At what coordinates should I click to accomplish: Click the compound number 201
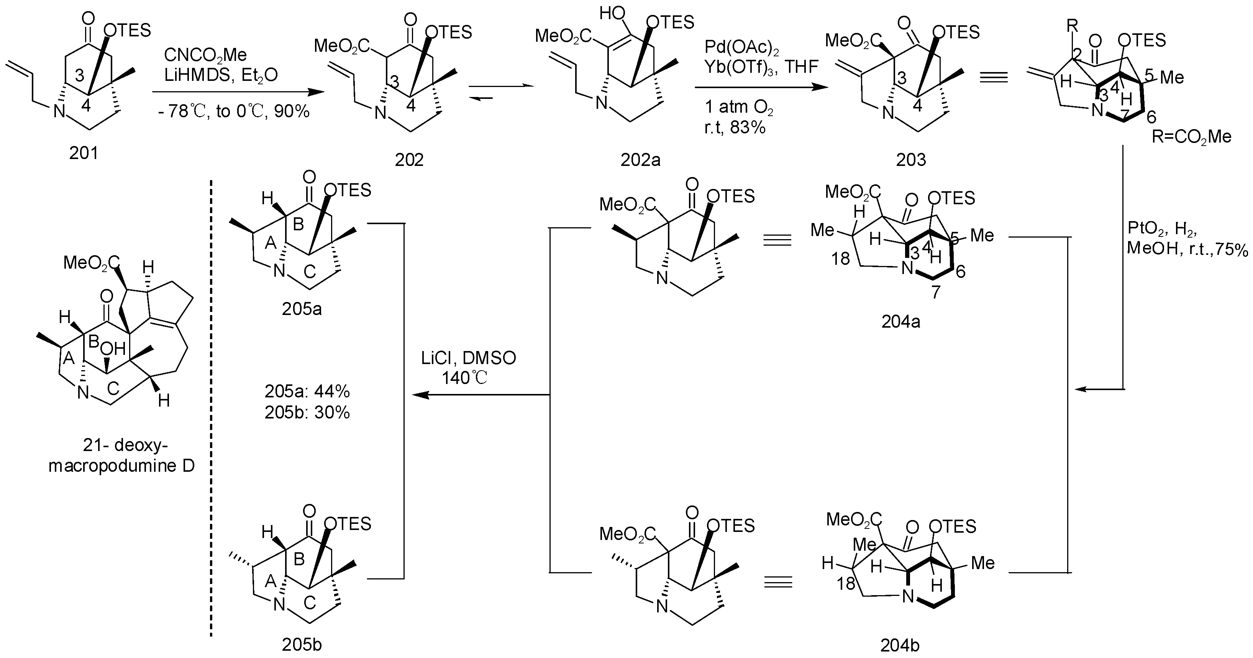tap(83, 153)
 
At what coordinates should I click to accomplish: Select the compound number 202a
tap(640, 159)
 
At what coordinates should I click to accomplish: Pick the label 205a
tap(302, 309)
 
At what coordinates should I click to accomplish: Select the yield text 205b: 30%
tap(307, 412)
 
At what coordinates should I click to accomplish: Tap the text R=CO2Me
tap(1191, 137)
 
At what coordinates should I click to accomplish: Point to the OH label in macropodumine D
tap(113, 348)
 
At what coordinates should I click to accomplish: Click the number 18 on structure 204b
tap(846, 583)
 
